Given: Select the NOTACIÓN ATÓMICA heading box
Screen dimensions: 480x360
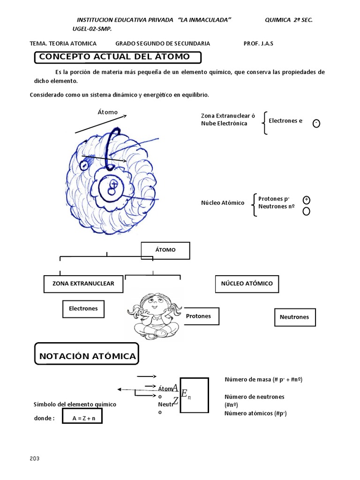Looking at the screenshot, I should [87, 356].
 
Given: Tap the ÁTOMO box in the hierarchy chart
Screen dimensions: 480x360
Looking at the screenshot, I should [165, 250].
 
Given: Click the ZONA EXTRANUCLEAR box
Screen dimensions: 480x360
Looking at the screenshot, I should [83, 284].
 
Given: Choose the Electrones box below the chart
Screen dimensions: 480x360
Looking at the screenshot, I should [83, 309].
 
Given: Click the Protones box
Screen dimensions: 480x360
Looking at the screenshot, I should [198, 316].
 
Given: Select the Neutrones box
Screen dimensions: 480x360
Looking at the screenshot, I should [294, 317].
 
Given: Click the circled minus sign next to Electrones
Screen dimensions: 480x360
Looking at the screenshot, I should [316, 123].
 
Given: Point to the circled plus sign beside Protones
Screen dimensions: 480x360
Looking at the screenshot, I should [306, 200].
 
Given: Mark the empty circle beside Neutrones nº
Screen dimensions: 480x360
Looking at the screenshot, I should [306, 211].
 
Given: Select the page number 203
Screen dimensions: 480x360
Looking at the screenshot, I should [34, 458].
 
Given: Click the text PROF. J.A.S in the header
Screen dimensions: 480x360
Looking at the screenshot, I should [258, 44].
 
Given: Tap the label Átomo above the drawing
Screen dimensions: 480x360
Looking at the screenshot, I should [107, 112].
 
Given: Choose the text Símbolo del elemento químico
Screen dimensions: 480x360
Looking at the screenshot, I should [75, 404].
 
